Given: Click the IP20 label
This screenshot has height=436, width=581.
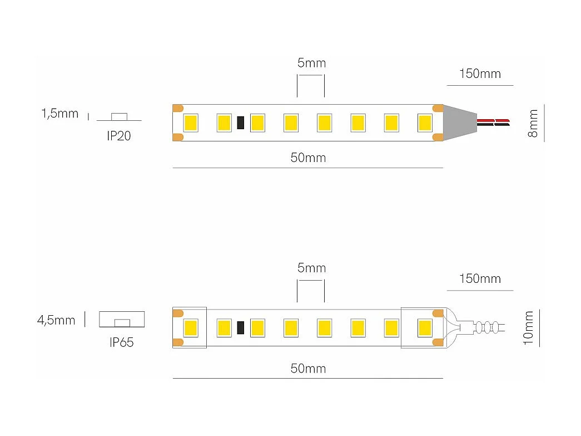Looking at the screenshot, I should (119, 136).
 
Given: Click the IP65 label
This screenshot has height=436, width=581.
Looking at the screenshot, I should (122, 342).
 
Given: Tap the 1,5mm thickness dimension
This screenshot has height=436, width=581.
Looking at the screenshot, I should (59, 114).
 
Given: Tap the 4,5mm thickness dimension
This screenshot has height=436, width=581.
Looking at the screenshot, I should (56, 320).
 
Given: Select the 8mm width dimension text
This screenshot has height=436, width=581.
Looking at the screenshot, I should (533, 124).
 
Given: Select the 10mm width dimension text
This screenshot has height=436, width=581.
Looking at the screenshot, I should (528, 328).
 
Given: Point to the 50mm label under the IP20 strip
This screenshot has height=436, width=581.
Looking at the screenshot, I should (308, 158).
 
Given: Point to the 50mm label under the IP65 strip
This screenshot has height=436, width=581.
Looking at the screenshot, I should (308, 368).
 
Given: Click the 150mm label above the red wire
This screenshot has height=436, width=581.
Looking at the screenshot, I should (480, 74).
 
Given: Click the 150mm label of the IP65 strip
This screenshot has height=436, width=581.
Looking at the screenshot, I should (480, 278).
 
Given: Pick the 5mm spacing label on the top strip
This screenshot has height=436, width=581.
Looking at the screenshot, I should (311, 63).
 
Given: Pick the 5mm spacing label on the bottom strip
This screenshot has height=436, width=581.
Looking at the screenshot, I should (311, 268).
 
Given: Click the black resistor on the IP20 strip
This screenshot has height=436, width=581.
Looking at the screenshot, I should (241, 123).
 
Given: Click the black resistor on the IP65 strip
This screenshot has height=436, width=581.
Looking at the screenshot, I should (241, 327).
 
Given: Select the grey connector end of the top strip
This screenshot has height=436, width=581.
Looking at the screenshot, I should (459, 122).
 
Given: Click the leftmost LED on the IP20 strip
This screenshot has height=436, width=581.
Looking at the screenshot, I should (191, 123).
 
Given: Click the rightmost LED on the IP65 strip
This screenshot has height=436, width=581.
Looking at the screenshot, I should (425, 327).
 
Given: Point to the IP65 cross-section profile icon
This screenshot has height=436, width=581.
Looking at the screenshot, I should (122, 319).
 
